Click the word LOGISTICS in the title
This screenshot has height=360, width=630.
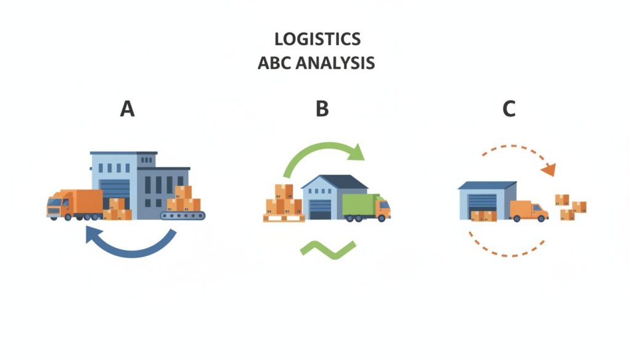317,39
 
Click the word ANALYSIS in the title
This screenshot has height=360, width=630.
335,63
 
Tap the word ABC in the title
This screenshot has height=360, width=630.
274,63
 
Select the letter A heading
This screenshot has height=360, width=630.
127,108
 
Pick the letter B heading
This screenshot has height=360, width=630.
322,108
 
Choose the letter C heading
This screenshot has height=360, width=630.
509,108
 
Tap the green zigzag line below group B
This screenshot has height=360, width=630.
328,250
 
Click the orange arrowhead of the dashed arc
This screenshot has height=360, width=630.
549,170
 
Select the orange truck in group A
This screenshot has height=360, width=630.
74,205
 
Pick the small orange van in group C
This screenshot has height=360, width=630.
528,211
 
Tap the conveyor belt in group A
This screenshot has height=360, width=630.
182,216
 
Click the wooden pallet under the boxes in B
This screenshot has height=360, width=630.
284,218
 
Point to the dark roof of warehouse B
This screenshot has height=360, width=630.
335,182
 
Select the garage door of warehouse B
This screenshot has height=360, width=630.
320,209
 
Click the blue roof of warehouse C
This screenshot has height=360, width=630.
487,185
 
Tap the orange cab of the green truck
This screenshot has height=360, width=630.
383,207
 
